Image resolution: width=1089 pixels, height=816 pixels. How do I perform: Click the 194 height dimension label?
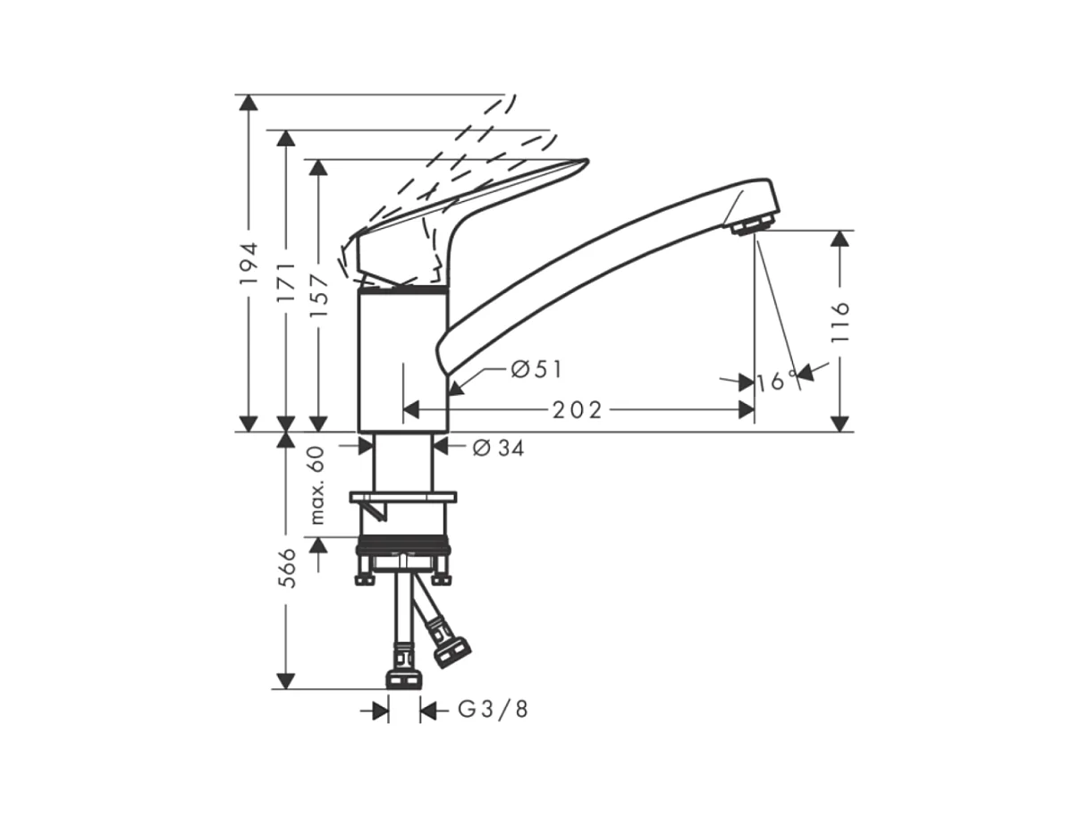(249, 263)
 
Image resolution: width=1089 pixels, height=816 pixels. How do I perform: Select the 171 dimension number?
(286, 282)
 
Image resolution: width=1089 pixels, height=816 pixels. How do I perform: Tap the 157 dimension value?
(318, 296)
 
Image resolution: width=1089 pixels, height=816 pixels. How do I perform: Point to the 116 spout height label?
(840, 321)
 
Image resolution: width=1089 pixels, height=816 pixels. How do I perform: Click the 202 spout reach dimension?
(578, 410)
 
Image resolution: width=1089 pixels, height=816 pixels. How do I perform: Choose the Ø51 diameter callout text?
(536, 369)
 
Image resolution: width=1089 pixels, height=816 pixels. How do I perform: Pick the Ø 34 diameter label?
(498, 448)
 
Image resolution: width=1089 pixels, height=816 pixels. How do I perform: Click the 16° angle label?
(777, 381)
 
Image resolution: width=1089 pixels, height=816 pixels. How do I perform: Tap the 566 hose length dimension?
(286, 568)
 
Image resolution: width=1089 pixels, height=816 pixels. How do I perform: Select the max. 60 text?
(317, 485)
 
